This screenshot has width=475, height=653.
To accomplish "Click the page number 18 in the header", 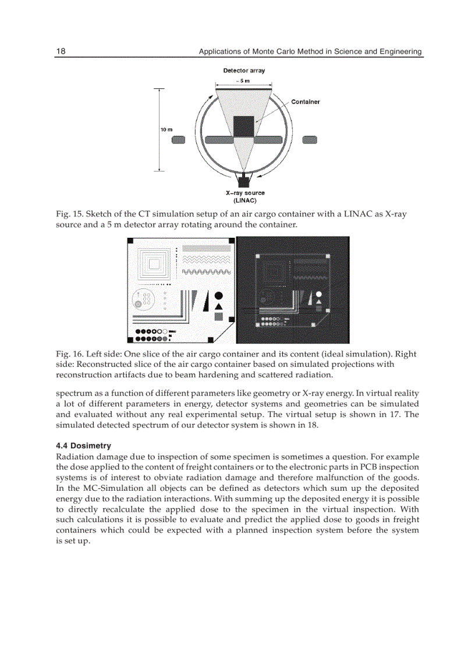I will point(61,51).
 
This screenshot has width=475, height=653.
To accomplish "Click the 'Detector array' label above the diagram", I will point(244,70).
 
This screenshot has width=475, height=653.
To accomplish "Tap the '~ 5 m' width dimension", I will point(243,81).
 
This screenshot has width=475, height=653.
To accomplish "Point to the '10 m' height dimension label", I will point(166,129).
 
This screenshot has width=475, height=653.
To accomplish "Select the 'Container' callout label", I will point(305,102).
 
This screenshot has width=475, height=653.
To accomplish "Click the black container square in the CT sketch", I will point(244,127).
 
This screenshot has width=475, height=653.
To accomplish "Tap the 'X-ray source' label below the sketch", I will point(244,193).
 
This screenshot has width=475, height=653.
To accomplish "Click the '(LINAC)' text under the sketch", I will point(244,200).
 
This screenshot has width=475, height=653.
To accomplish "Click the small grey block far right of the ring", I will point(310,140).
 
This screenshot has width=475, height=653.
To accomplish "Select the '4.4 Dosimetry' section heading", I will point(83,445).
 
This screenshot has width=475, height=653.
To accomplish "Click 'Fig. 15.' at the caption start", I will point(69,214).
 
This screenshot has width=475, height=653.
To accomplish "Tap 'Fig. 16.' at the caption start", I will point(69,354).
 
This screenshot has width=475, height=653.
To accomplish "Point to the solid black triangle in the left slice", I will point(219,306).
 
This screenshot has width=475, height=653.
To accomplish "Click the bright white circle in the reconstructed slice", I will point(318,295).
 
